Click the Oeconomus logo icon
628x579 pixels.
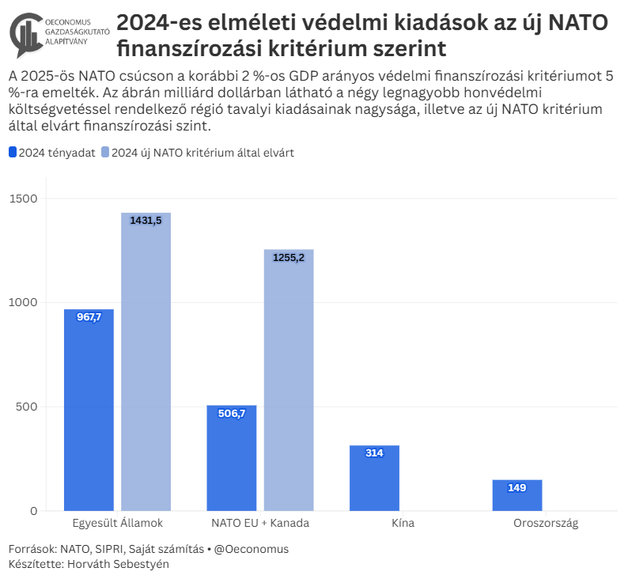point(28,36)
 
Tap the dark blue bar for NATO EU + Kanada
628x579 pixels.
point(232,458)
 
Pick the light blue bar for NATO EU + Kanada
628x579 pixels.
point(289,380)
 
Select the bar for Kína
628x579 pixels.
point(374,478)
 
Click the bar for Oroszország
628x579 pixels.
point(517,495)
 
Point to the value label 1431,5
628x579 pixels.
point(146,221)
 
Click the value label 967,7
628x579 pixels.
point(89,316)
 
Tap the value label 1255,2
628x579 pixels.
point(289,257)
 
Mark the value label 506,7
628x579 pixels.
point(232,413)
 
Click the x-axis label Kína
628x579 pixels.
point(403,524)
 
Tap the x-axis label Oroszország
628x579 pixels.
point(546,524)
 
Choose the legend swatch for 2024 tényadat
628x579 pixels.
point(13,153)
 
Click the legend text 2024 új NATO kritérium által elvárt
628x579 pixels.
point(202,153)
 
